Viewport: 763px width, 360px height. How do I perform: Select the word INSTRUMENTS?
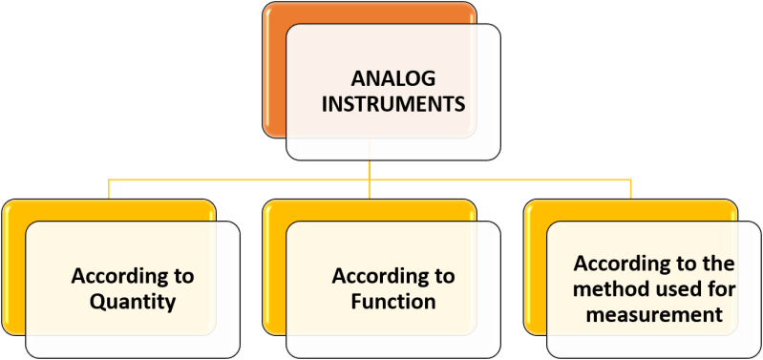(x=393, y=104)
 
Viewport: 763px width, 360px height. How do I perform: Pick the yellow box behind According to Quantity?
(x=13, y=267)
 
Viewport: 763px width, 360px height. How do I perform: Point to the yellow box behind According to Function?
(x=274, y=267)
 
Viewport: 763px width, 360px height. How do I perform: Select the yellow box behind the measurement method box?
(x=535, y=267)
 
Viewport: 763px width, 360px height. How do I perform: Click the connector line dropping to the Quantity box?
(x=108, y=188)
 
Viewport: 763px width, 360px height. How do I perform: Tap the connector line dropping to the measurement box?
(x=630, y=188)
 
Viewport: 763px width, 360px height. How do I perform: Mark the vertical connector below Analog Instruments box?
(x=370, y=169)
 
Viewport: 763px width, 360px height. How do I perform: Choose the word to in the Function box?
(x=442, y=277)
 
